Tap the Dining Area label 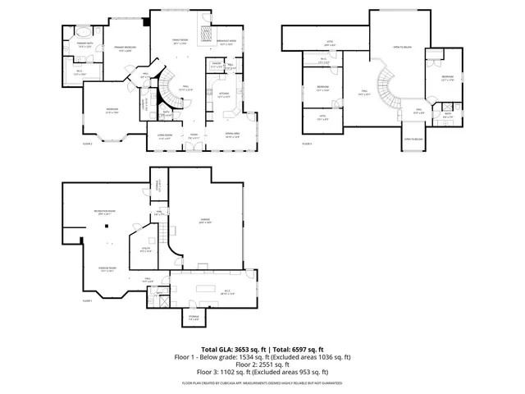coord(232,136)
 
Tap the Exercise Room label coord(107,270)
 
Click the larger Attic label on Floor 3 coord(331,45)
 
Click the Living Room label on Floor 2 coord(165,136)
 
